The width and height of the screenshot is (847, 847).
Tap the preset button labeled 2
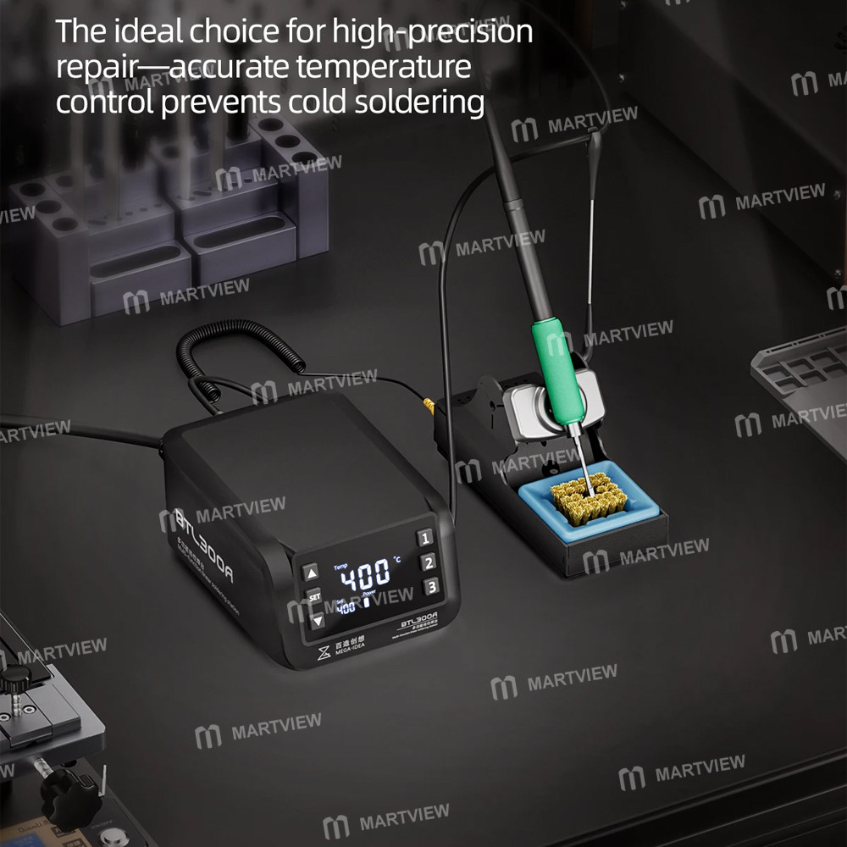point(429,562)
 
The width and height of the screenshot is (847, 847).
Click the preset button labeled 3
point(431,587)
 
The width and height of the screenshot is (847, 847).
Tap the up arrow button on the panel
point(311,572)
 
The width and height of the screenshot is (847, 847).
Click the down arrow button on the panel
point(317,620)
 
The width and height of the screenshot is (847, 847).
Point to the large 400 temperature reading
point(364,579)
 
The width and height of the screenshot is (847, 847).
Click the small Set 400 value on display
point(346,607)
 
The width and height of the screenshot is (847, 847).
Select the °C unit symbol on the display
point(396,562)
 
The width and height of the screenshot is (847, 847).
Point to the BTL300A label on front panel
point(418,617)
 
